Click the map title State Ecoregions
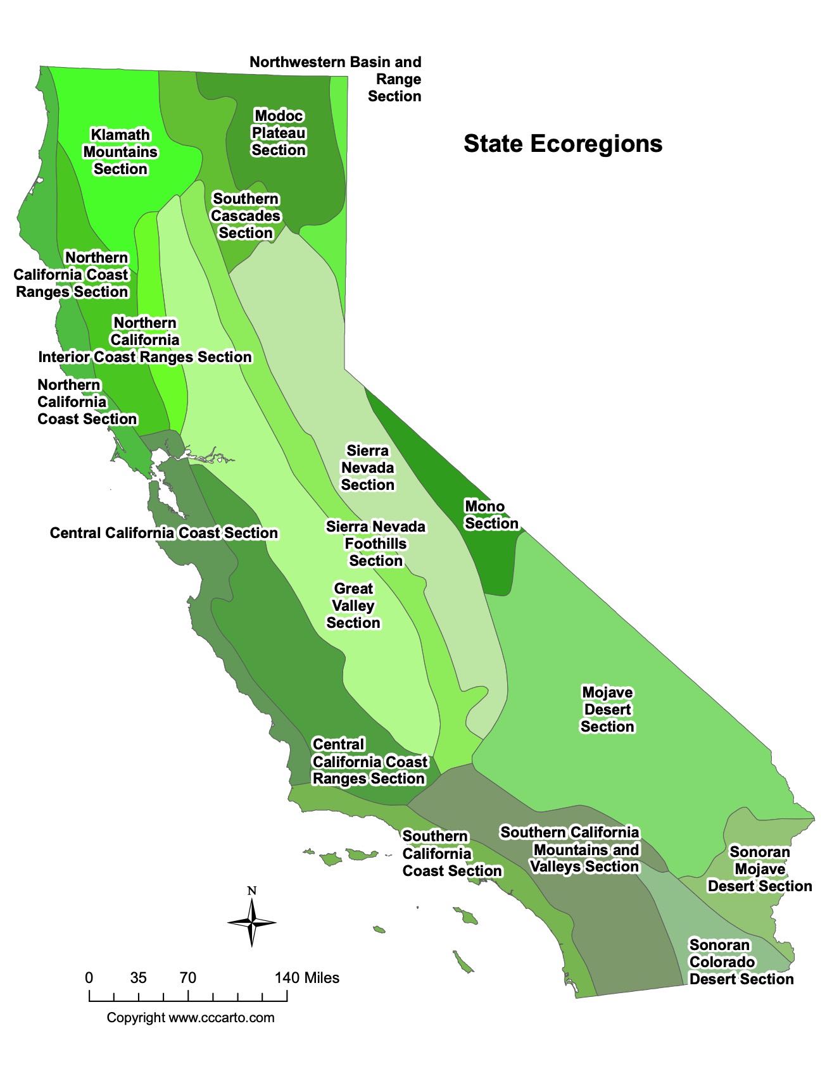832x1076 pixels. [x=562, y=144]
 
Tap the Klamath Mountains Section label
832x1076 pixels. [x=120, y=152]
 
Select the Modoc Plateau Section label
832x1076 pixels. [x=279, y=133]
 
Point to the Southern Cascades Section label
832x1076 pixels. [x=246, y=216]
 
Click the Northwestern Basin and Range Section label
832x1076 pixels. [x=336, y=79]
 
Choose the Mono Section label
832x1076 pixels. [x=491, y=515]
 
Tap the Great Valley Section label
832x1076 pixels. [x=353, y=606]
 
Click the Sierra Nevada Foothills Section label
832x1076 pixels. [x=375, y=544]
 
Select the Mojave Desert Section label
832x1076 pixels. [x=607, y=710]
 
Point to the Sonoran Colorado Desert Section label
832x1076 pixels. [x=741, y=962]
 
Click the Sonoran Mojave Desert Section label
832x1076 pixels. [x=759, y=869]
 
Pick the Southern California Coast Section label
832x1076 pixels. [x=451, y=854]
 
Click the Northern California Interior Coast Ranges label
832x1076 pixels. [x=145, y=340]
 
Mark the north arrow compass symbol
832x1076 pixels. [x=251, y=922]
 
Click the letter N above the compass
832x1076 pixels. [x=251, y=891]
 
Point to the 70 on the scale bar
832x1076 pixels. [x=187, y=978]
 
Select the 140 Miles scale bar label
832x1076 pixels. [x=306, y=978]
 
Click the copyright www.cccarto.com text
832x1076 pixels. [x=191, y=1018]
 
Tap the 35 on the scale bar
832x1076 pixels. [x=138, y=978]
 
